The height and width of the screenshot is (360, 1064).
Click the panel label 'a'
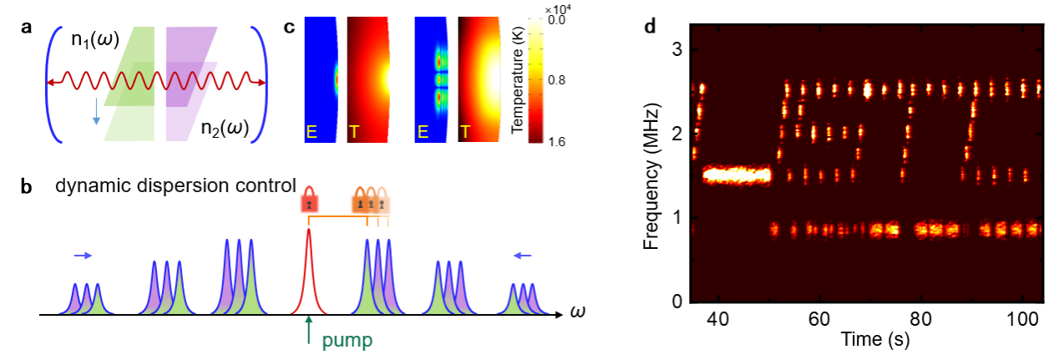[26, 26]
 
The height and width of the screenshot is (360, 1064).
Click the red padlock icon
[309, 201]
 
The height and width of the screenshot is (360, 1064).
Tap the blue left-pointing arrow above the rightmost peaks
[523, 256]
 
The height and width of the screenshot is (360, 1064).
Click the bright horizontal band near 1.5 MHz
[736, 175]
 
